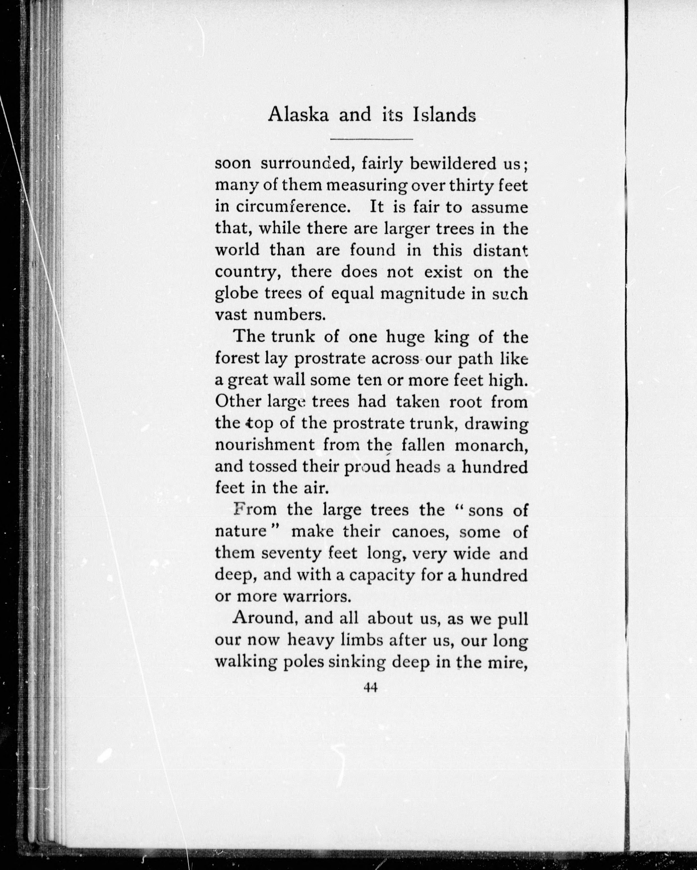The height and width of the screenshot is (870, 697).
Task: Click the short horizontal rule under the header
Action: [371, 140]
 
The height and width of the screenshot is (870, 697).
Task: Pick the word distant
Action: [500, 251]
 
